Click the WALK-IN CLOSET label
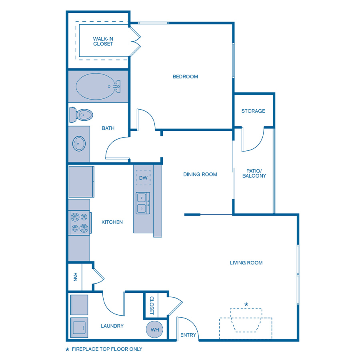[x=103, y=41]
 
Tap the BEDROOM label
[x=185, y=76]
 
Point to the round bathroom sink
[x=79, y=144]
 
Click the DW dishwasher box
[x=143, y=178]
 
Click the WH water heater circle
[x=154, y=330]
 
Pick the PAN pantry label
[x=75, y=276]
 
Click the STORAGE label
[x=253, y=111]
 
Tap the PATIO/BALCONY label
[x=254, y=173]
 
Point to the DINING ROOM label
[x=200, y=174]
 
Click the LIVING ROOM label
[x=246, y=263]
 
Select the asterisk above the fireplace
[x=246, y=304]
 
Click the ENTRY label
[x=188, y=335]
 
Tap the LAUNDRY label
[x=112, y=326]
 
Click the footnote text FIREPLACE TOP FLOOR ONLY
[x=106, y=349]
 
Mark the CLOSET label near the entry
[x=152, y=306]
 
